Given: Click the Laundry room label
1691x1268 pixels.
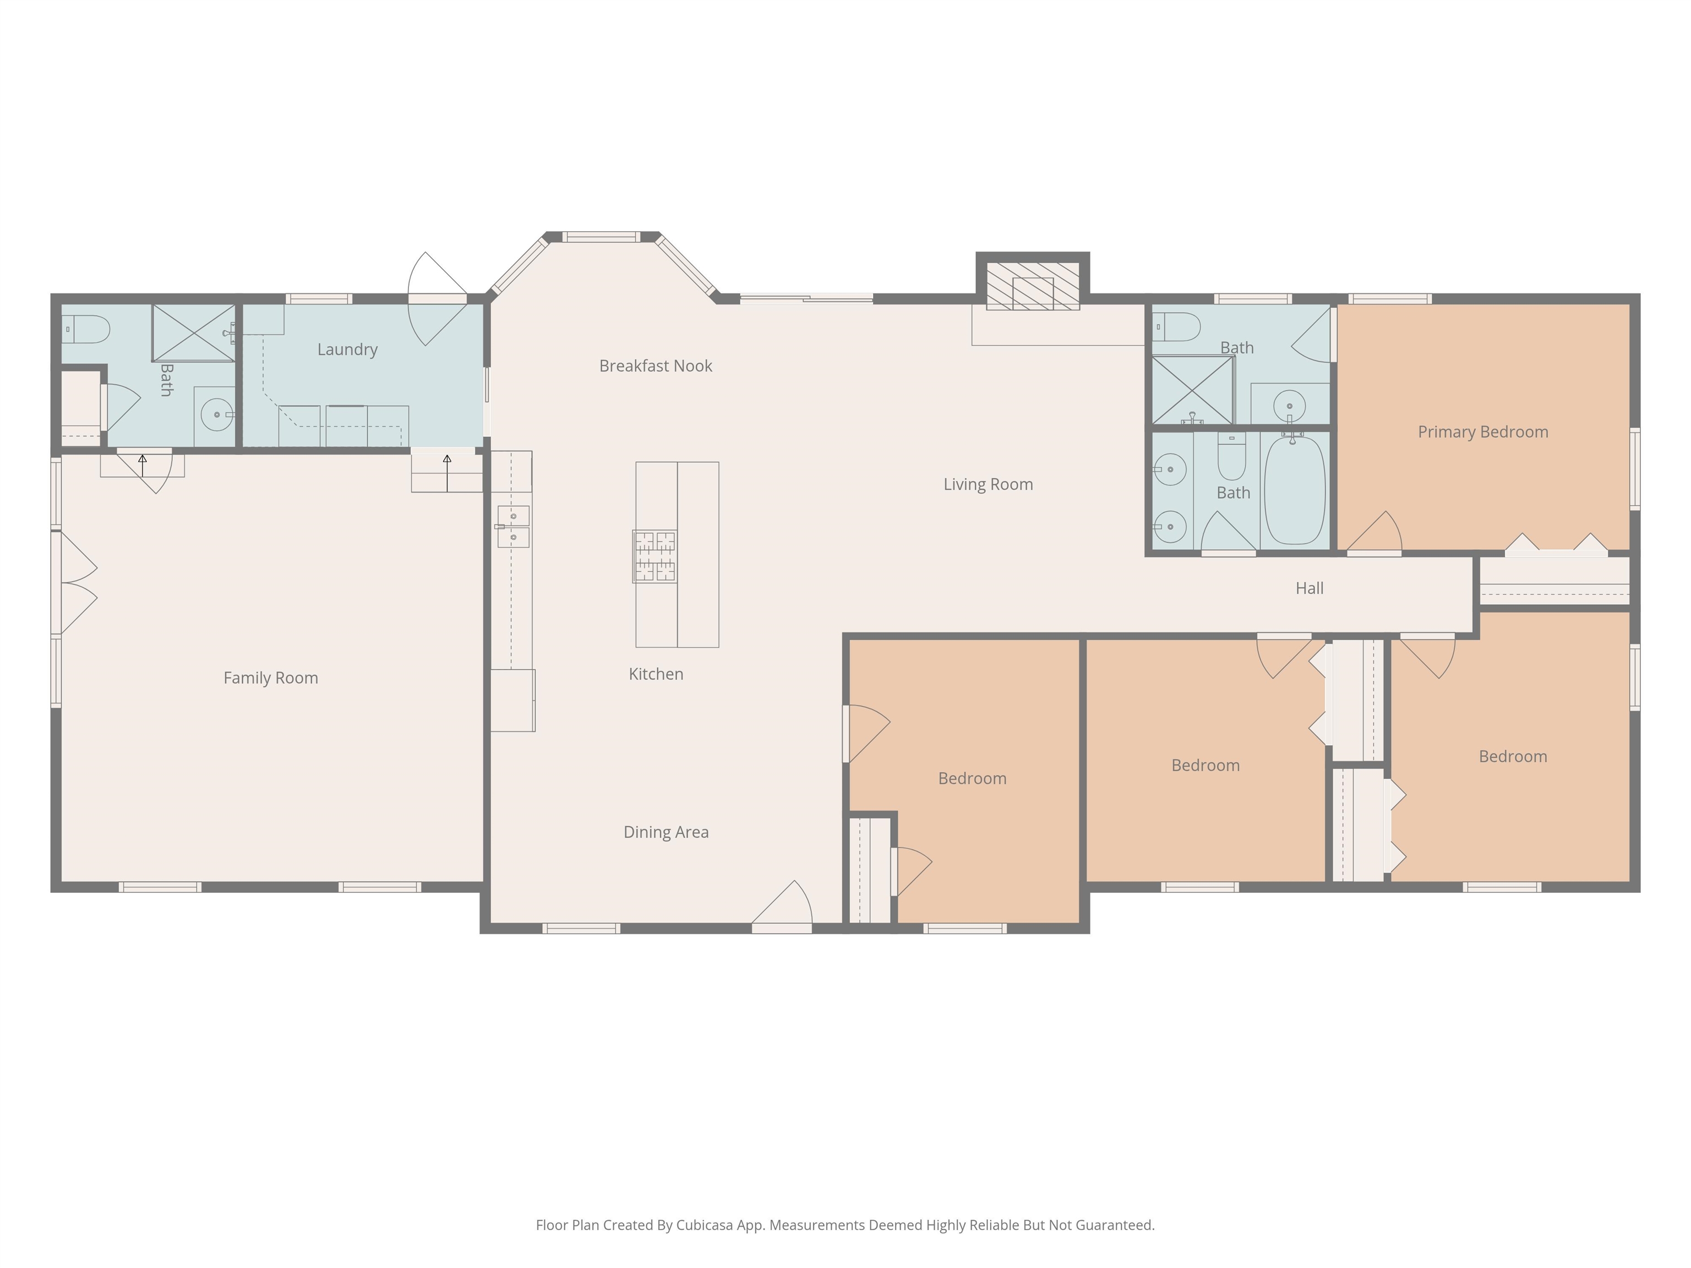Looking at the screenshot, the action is pos(347,350).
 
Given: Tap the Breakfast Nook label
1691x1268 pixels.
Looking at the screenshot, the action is pos(655,366).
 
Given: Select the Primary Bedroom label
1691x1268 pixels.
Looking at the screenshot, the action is pos(1483,433).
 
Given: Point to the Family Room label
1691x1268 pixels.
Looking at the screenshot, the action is pos(271,679).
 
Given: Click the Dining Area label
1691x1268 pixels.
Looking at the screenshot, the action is pos(666,832).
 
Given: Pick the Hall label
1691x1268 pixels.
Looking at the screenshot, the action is pos(1310,588).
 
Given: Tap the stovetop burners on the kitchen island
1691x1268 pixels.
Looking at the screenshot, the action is pos(654,556).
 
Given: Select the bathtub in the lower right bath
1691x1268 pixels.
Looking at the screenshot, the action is pos(1295,490).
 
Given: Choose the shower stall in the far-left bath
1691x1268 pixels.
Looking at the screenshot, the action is pos(193,332).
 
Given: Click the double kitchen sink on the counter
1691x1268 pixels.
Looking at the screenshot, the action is pos(513,527).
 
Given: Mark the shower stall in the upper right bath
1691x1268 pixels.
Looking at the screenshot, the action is pos(1193,390).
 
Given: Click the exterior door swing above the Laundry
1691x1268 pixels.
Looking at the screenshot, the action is pos(437,298).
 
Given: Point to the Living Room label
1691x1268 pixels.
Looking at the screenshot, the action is pos(988,484).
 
